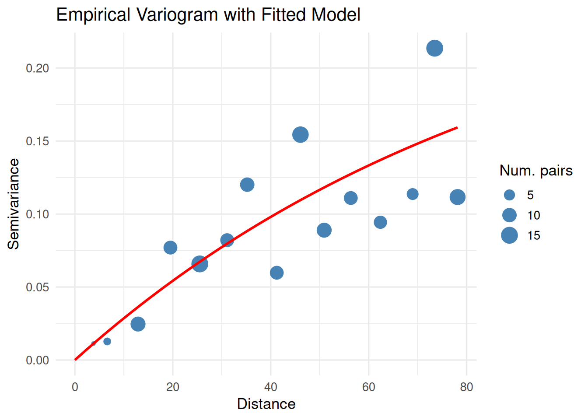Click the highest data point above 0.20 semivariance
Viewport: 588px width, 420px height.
[x=434, y=48]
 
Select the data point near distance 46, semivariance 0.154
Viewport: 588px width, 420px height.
[x=301, y=134]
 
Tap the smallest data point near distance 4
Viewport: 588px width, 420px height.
[x=93, y=343]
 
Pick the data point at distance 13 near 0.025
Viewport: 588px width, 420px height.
[x=138, y=324]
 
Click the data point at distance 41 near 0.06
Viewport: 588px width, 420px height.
[x=276, y=273]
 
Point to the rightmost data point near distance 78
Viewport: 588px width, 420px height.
[x=457, y=197]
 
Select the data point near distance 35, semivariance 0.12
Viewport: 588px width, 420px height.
[x=247, y=185]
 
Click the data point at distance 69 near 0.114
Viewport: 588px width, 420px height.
[x=413, y=194]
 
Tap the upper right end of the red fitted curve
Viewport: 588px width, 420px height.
[x=457, y=128]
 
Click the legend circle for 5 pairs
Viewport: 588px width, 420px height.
[x=509, y=195]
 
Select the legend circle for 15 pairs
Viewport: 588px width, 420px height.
[x=509, y=235]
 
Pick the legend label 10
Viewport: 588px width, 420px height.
[x=533, y=215]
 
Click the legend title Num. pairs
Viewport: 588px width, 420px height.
[x=536, y=171]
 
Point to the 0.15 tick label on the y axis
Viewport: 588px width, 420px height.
[x=37, y=141]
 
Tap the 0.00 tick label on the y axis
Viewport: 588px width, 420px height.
[x=37, y=360]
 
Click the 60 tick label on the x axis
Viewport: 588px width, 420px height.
[x=368, y=387]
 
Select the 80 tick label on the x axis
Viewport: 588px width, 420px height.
[x=466, y=387]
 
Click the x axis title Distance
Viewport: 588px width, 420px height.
[x=266, y=404]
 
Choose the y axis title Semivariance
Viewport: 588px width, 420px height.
[x=14, y=204]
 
